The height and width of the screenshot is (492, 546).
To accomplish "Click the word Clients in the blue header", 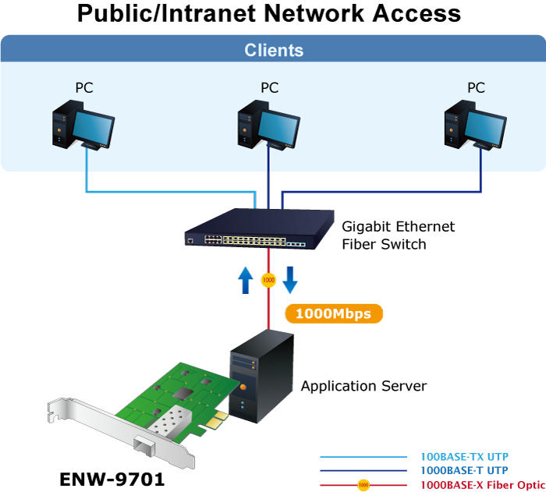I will click(x=274, y=51).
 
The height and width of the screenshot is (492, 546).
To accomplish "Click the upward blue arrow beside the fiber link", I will click(x=246, y=279).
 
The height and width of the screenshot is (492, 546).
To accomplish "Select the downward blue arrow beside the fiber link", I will click(x=290, y=279).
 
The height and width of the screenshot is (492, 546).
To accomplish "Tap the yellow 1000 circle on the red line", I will click(x=268, y=279).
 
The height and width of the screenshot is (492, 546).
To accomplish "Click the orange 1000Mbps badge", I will click(x=334, y=314).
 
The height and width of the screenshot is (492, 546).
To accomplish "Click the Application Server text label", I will click(x=363, y=386).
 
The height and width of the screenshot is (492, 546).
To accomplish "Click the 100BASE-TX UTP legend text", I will click(x=464, y=457).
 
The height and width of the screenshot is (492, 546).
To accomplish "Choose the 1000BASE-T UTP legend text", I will click(x=463, y=471).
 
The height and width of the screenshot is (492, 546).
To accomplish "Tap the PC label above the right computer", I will click(x=476, y=87).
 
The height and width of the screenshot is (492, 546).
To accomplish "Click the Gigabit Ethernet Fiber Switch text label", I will click(x=398, y=235).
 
